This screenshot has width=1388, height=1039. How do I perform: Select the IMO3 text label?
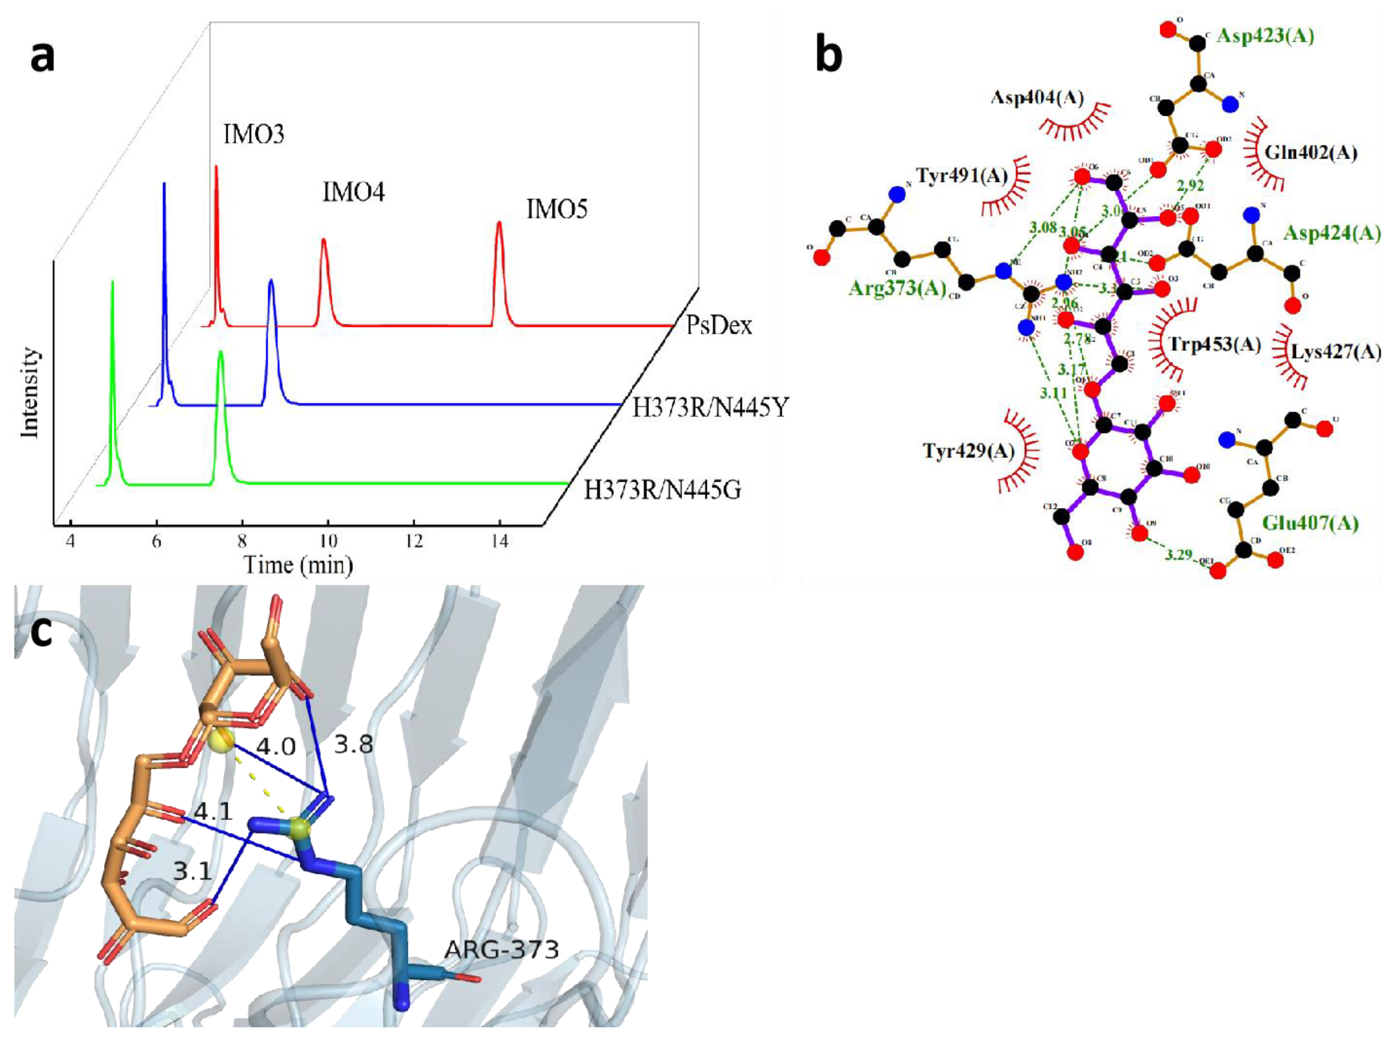tap(253, 134)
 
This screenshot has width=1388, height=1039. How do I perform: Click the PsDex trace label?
tap(719, 325)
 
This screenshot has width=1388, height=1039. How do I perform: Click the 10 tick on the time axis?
tap(328, 540)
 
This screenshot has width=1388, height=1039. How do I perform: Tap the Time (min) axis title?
tap(298, 565)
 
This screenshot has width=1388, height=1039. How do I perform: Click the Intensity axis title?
tap(30, 393)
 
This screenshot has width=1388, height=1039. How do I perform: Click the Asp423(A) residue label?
tap(1265, 36)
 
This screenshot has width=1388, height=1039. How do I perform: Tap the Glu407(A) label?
tap(1310, 523)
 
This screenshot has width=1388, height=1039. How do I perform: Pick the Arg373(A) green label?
tap(897, 288)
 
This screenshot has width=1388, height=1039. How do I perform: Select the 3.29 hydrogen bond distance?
tap(1178, 554)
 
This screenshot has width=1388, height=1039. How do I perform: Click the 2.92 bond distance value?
tap(1190, 186)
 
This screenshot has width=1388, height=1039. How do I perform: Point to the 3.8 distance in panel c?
tap(353, 744)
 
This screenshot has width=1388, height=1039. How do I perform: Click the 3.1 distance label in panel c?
tap(192, 871)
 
